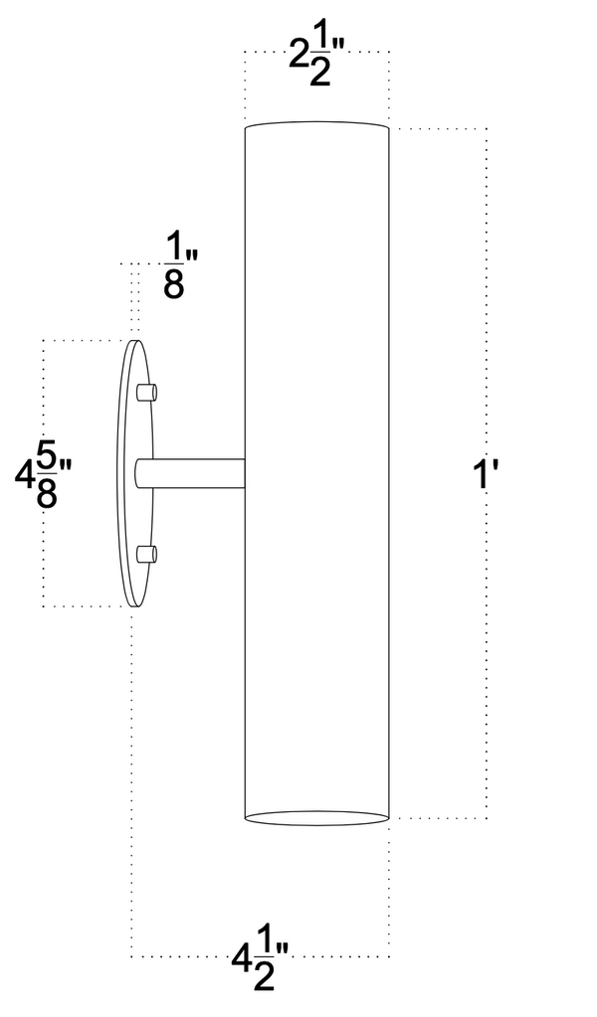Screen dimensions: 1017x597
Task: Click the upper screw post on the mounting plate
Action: click(x=146, y=391)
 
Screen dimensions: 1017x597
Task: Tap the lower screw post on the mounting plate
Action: click(x=146, y=555)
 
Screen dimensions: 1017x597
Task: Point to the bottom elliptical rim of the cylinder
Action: click(x=316, y=818)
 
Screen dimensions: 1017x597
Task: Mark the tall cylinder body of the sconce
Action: click(x=316, y=467)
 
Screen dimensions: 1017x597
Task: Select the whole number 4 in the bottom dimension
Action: click(x=240, y=960)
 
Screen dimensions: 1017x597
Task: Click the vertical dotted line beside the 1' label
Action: click(x=487, y=298)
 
